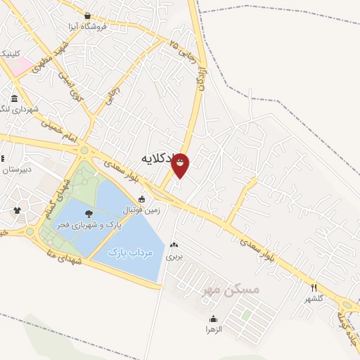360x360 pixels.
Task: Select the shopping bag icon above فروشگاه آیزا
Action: [x=87, y=15]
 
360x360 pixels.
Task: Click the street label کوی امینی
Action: [x=75, y=86]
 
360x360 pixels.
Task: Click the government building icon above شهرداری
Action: [x=15, y=98]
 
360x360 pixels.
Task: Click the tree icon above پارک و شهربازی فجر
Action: [x=89, y=213]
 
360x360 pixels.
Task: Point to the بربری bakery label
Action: [x=174, y=257]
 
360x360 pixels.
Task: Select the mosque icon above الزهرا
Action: [x=213, y=319]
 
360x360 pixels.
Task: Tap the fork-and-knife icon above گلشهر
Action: [x=314, y=287]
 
